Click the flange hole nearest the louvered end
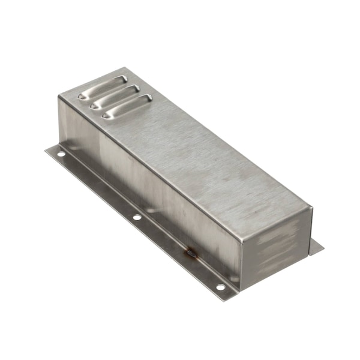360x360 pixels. pos(61,154)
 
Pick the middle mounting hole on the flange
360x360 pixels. pos(137,217)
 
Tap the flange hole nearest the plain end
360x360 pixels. pos(220,287)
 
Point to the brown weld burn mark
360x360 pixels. pos(191,254)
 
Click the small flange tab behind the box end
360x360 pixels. pos(316,247)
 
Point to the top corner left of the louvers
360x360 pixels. pos(59,96)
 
